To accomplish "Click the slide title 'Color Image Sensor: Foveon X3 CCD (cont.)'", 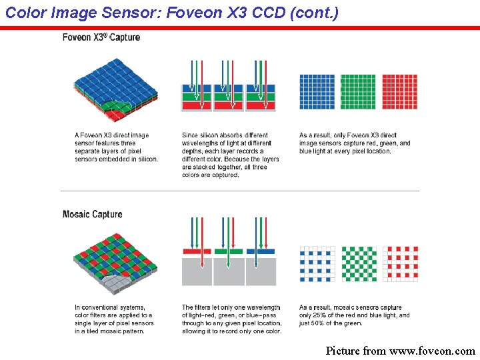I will [x=172, y=12].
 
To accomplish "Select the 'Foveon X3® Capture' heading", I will [x=101, y=37].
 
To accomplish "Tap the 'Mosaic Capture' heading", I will [x=92, y=214].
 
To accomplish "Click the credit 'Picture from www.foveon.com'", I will [x=400, y=351].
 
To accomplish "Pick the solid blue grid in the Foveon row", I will [x=317, y=91].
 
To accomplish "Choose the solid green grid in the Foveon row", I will [x=358, y=91].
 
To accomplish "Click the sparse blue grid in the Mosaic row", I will [x=317, y=264].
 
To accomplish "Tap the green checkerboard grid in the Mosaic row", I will [x=359, y=264].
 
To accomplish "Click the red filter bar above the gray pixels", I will [x=197, y=251].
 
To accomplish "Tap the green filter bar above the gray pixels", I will [x=229, y=251].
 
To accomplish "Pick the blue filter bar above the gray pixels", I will [x=261, y=251].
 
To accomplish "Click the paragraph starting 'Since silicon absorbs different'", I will [x=230, y=155].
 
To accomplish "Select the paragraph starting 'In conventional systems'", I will [x=114, y=319].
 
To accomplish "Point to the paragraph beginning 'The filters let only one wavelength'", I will [x=231, y=319].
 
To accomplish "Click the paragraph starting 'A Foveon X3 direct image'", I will [x=116, y=147].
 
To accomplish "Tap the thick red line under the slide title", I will [x=240, y=28].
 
